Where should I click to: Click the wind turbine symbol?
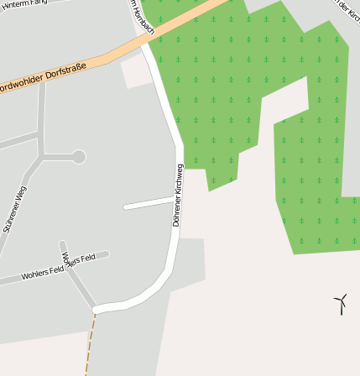[341, 303]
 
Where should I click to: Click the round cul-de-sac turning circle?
[79, 156]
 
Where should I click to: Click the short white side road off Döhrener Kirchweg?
[149, 202]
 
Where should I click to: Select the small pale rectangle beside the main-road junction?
[138, 72]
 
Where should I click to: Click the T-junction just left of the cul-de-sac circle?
[42, 156]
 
